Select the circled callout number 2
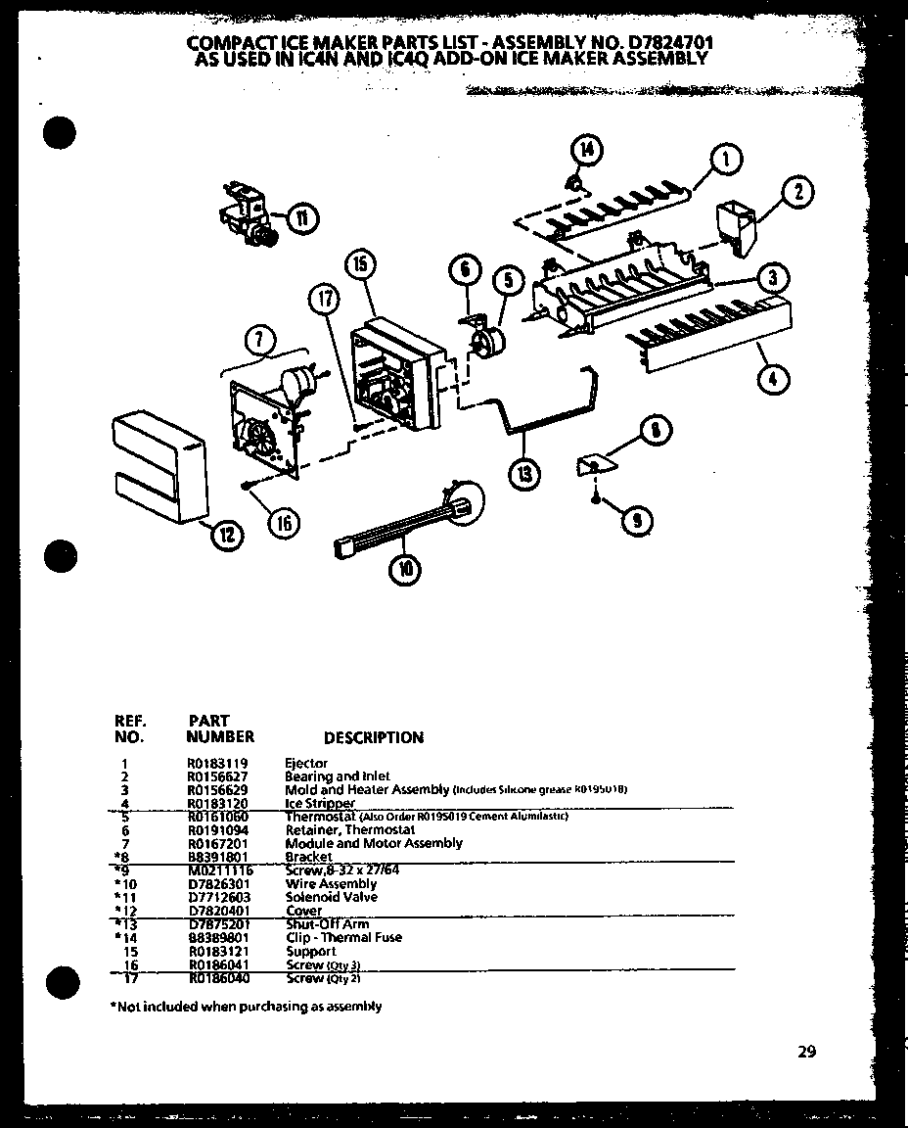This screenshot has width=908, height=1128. (x=799, y=192)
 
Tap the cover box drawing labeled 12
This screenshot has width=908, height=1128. (x=160, y=465)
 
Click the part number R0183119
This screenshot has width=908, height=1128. (x=217, y=763)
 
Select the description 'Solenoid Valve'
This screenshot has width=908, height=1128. (x=331, y=897)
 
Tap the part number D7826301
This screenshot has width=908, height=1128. (x=217, y=883)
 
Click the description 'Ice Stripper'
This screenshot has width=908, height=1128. (x=319, y=803)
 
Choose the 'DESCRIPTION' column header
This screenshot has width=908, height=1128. (x=373, y=737)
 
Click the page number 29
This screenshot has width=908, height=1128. (x=805, y=1052)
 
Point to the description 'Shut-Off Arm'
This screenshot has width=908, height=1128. (x=327, y=923)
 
